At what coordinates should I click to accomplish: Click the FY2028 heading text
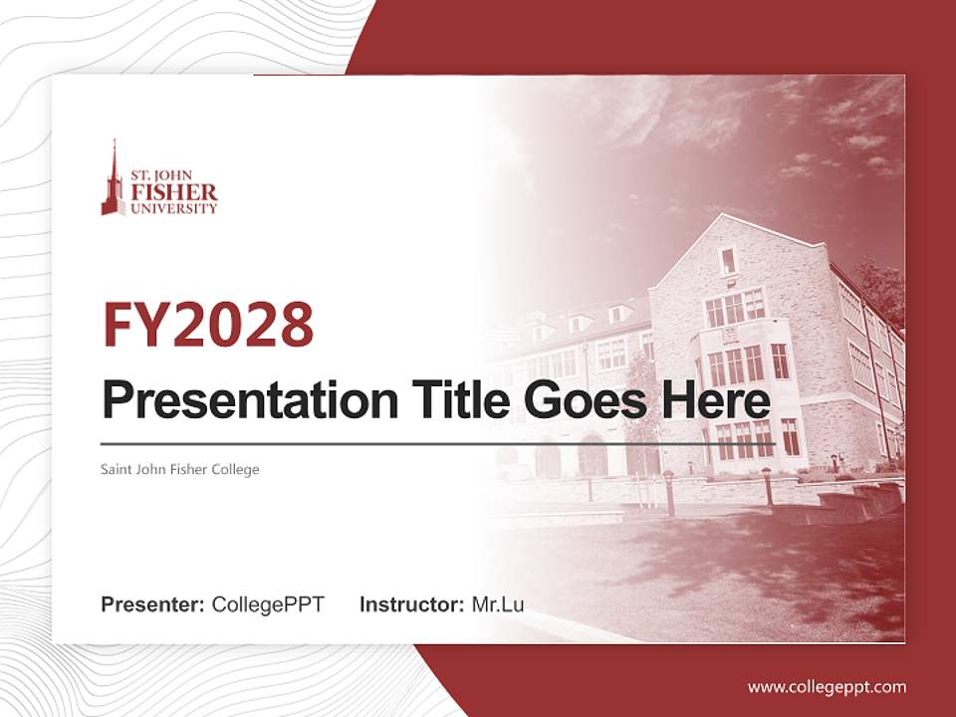click(x=208, y=325)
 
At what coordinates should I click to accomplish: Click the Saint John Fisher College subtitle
click(x=180, y=469)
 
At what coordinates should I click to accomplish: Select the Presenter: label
click(x=153, y=603)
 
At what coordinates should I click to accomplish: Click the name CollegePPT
click(x=268, y=603)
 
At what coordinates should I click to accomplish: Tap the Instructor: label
click(x=411, y=603)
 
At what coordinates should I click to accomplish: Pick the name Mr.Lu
click(x=498, y=603)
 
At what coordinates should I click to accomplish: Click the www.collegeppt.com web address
click(x=827, y=686)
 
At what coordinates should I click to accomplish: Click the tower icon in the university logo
click(x=114, y=182)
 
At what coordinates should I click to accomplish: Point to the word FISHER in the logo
click(x=173, y=192)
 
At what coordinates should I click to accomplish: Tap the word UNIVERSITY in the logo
click(x=173, y=209)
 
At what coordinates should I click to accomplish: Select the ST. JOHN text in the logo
click(x=174, y=175)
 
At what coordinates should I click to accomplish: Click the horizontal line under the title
click(x=438, y=444)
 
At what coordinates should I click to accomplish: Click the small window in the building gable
click(x=728, y=261)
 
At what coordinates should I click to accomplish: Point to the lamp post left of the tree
click(x=589, y=487)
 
